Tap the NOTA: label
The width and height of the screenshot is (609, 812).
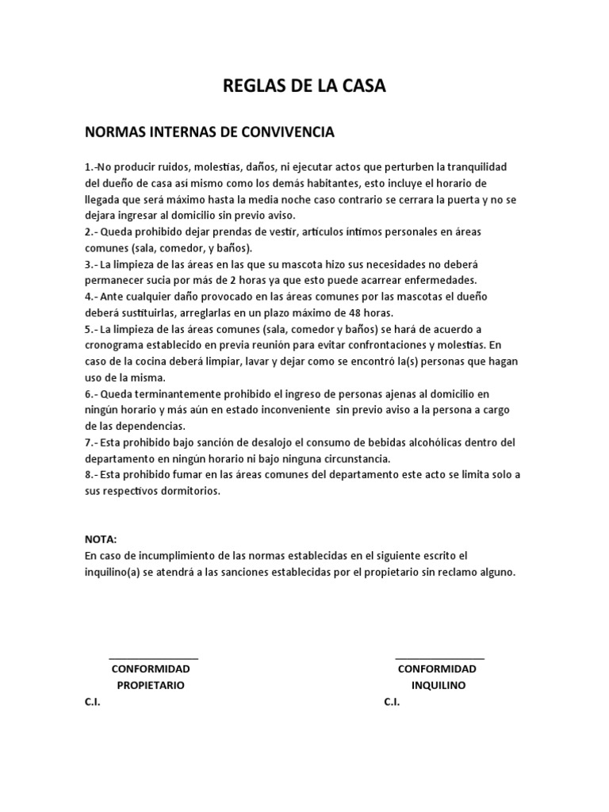[101, 539]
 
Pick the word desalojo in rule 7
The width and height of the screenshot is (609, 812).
[262, 442]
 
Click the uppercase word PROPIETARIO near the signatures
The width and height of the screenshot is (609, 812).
[151, 685]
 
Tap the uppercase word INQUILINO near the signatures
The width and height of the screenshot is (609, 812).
[439, 685]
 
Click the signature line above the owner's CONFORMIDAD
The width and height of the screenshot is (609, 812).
[153, 658]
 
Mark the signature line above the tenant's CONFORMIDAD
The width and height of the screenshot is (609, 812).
[439, 658]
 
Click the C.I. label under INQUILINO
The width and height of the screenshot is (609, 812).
[392, 702]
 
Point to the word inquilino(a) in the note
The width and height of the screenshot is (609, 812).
[117, 571]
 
